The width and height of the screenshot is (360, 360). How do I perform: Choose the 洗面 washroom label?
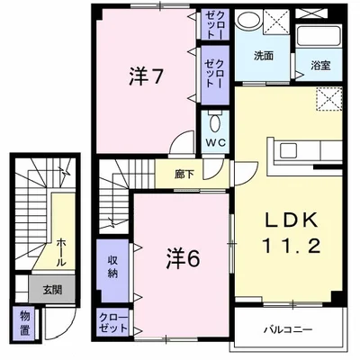263,55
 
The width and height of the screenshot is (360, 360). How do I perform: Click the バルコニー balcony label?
289,329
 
